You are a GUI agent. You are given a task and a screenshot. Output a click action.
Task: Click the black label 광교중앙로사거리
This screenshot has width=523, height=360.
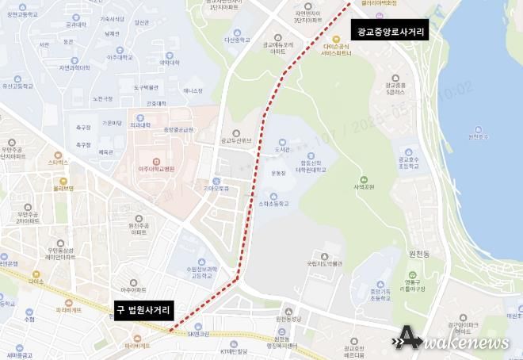(x=391, y=33)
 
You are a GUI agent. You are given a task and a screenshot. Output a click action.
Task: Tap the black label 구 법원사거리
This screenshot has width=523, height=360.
(x=144, y=312)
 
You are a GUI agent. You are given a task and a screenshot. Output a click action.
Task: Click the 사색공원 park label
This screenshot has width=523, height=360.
(x=363, y=188)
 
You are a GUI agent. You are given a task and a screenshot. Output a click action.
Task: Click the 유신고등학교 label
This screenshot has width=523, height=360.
(x=17, y=85)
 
